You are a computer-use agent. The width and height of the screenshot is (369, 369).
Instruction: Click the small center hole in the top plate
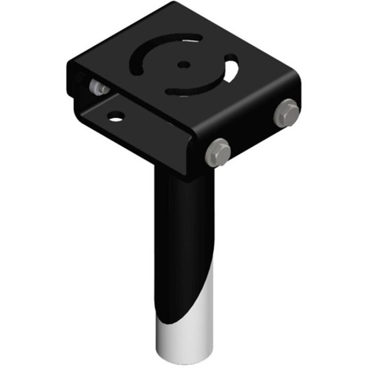tap(182, 65)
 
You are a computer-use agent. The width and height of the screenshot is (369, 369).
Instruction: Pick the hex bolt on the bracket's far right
tap(287, 111)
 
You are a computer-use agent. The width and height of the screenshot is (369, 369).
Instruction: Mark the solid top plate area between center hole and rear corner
tap(171, 30)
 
